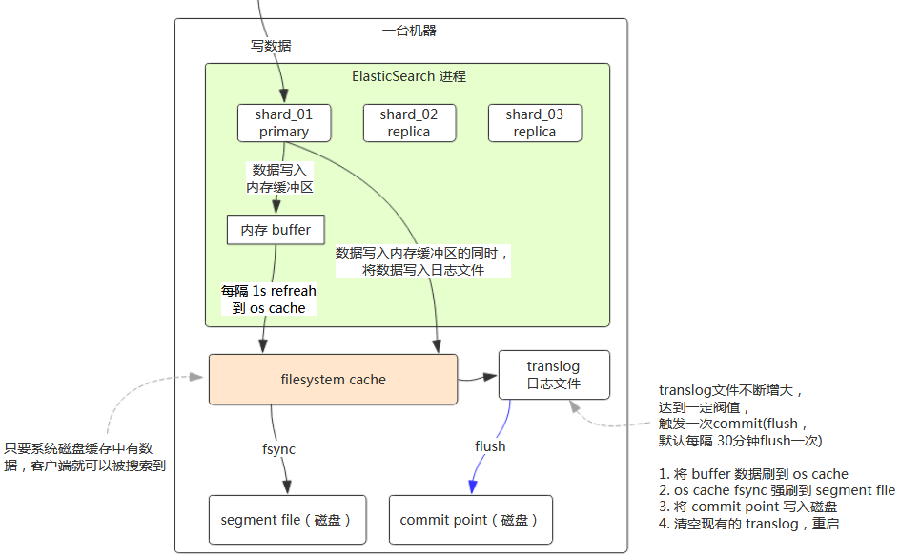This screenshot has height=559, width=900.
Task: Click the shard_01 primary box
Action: (x=284, y=123)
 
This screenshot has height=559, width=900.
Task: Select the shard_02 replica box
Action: (x=409, y=123)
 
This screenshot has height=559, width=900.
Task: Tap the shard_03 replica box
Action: (x=534, y=123)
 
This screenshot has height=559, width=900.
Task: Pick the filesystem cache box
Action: (x=334, y=380)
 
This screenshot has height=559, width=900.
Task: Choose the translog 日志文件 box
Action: (x=553, y=375)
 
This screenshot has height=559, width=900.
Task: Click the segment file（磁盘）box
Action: (x=287, y=520)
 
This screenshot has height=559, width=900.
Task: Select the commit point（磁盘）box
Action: (x=470, y=520)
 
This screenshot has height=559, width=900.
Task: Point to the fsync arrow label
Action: (x=278, y=449)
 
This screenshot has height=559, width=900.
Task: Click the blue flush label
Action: (x=490, y=446)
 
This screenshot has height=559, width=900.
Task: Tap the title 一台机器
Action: (x=409, y=31)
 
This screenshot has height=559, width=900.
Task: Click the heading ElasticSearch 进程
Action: (x=409, y=76)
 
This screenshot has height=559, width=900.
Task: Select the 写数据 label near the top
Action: (x=271, y=45)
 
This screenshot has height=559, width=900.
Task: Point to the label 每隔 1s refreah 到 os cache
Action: (x=268, y=300)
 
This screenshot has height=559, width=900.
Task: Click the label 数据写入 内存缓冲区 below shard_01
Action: (x=279, y=178)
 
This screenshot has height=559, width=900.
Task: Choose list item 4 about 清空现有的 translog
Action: (x=748, y=524)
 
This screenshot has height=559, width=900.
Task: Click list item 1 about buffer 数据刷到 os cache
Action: (x=753, y=474)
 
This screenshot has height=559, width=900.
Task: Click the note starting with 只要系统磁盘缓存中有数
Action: (x=91, y=456)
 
